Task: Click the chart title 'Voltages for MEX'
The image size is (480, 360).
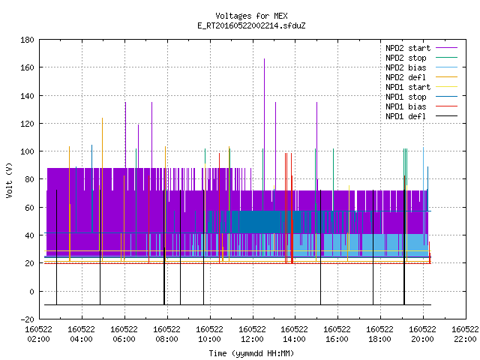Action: pyautogui.click(x=251, y=16)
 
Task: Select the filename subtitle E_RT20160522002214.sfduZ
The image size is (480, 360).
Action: pyautogui.click(x=251, y=25)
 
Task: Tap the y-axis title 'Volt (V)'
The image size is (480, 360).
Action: pyautogui.click(x=9, y=181)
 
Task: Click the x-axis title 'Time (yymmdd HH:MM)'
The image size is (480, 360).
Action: pyautogui.click(x=251, y=353)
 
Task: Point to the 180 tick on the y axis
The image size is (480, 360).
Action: pyautogui.click(x=27, y=40)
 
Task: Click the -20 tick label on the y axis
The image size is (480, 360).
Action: pyautogui.click(x=27, y=319)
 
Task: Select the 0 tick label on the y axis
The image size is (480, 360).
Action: pyautogui.click(x=31, y=292)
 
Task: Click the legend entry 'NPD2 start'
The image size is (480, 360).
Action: pyautogui.click(x=421, y=48)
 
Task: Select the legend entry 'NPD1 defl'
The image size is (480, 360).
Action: pyautogui.click(x=421, y=116)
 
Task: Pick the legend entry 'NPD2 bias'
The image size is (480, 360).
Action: pyautogui.click(x=421, y=67)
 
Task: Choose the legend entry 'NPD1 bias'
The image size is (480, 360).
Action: pyautogui.click(x=421, y=106)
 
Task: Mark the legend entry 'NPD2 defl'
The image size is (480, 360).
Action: pyautogui.click(x=421, y=77)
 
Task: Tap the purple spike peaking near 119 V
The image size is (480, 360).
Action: pyautogui.click(x=138, y=145)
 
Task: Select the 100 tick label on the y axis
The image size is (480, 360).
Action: pyautogui.click(x=27, y=151)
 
